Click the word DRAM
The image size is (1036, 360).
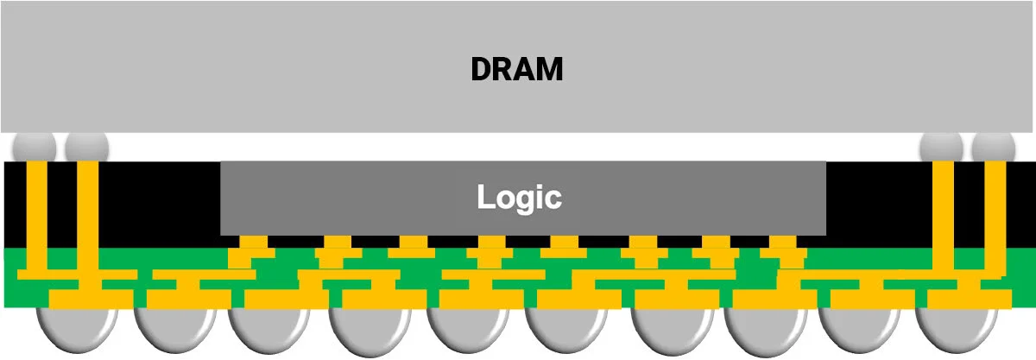517,69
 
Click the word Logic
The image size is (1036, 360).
520,198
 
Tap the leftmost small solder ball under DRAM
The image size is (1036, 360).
35,147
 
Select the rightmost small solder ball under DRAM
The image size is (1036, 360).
994,147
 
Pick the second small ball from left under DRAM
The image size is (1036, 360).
87,147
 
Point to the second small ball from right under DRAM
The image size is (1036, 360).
942,147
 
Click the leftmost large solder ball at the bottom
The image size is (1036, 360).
77,330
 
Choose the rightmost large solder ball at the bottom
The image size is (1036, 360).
956,330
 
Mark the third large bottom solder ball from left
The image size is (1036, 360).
269,330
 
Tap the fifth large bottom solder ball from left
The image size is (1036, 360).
468,330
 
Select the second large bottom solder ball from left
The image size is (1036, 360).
174,330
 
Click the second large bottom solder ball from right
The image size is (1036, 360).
859,330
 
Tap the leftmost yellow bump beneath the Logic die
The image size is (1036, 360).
254,242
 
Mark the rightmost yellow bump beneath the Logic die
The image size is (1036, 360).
782,242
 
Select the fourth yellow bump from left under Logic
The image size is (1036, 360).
492,242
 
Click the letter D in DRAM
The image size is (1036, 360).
482,69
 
